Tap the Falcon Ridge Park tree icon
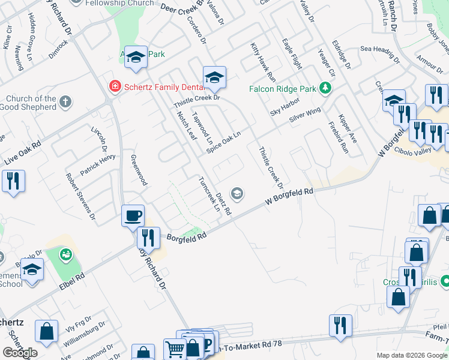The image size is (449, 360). pyautogui.click(x=325, y=89)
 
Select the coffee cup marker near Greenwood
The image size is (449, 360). pyautogui.click(x=133, y=215)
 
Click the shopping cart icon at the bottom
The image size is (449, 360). pyautogui.click(x=175, y=349)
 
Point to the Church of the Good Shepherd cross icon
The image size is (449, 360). pyautogui.click(x=66, y=103)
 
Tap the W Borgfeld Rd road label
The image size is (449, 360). pyautogui.click(x=291, y=199)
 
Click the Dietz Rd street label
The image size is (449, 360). pyautogui.click(x=223, y=204)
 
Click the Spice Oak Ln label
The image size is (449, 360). pyautogui.click(x=223, y=142)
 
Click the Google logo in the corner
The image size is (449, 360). pyautogui.click(x=20, y=353)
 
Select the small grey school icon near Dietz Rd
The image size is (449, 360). pyautogui.click(x=238, y=193)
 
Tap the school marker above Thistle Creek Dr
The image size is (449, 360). pyautogui.click(x=214, y=77)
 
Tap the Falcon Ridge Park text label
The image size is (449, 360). pyautogui.click(x=282, y=89)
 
